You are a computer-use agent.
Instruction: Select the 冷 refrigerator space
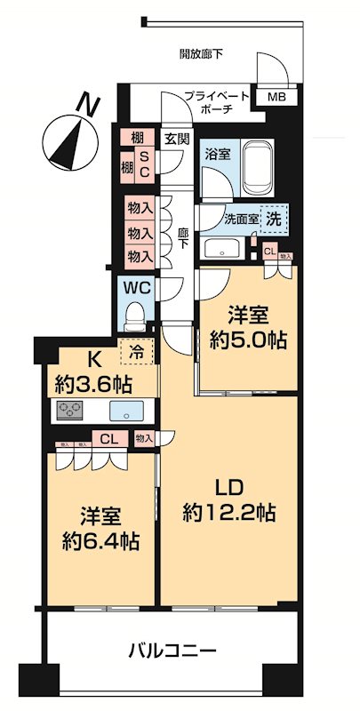pyautogui.click(x=139, y=351)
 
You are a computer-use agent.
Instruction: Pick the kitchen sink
pyautogui.click(x=124, y=411)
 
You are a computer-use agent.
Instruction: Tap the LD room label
pyautogui.click(x=228, y=486)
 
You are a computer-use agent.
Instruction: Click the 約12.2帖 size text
pyautogui.click(x=228, y=513)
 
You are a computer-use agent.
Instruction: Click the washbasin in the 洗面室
pyautogui.click(x=220, y=246)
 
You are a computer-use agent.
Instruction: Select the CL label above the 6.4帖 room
pyautogui.click(x=108, y=437)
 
